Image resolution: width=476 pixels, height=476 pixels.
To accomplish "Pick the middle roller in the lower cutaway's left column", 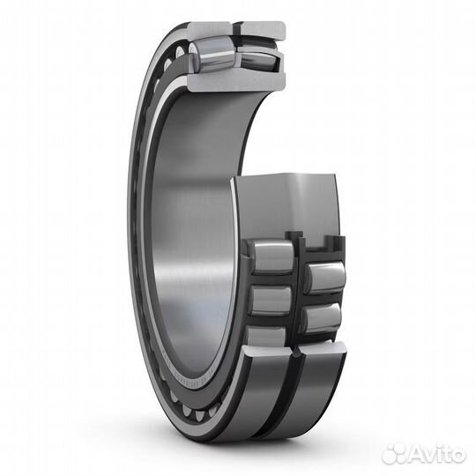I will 269,299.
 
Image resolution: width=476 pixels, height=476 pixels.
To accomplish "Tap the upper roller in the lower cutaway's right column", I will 324,277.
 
